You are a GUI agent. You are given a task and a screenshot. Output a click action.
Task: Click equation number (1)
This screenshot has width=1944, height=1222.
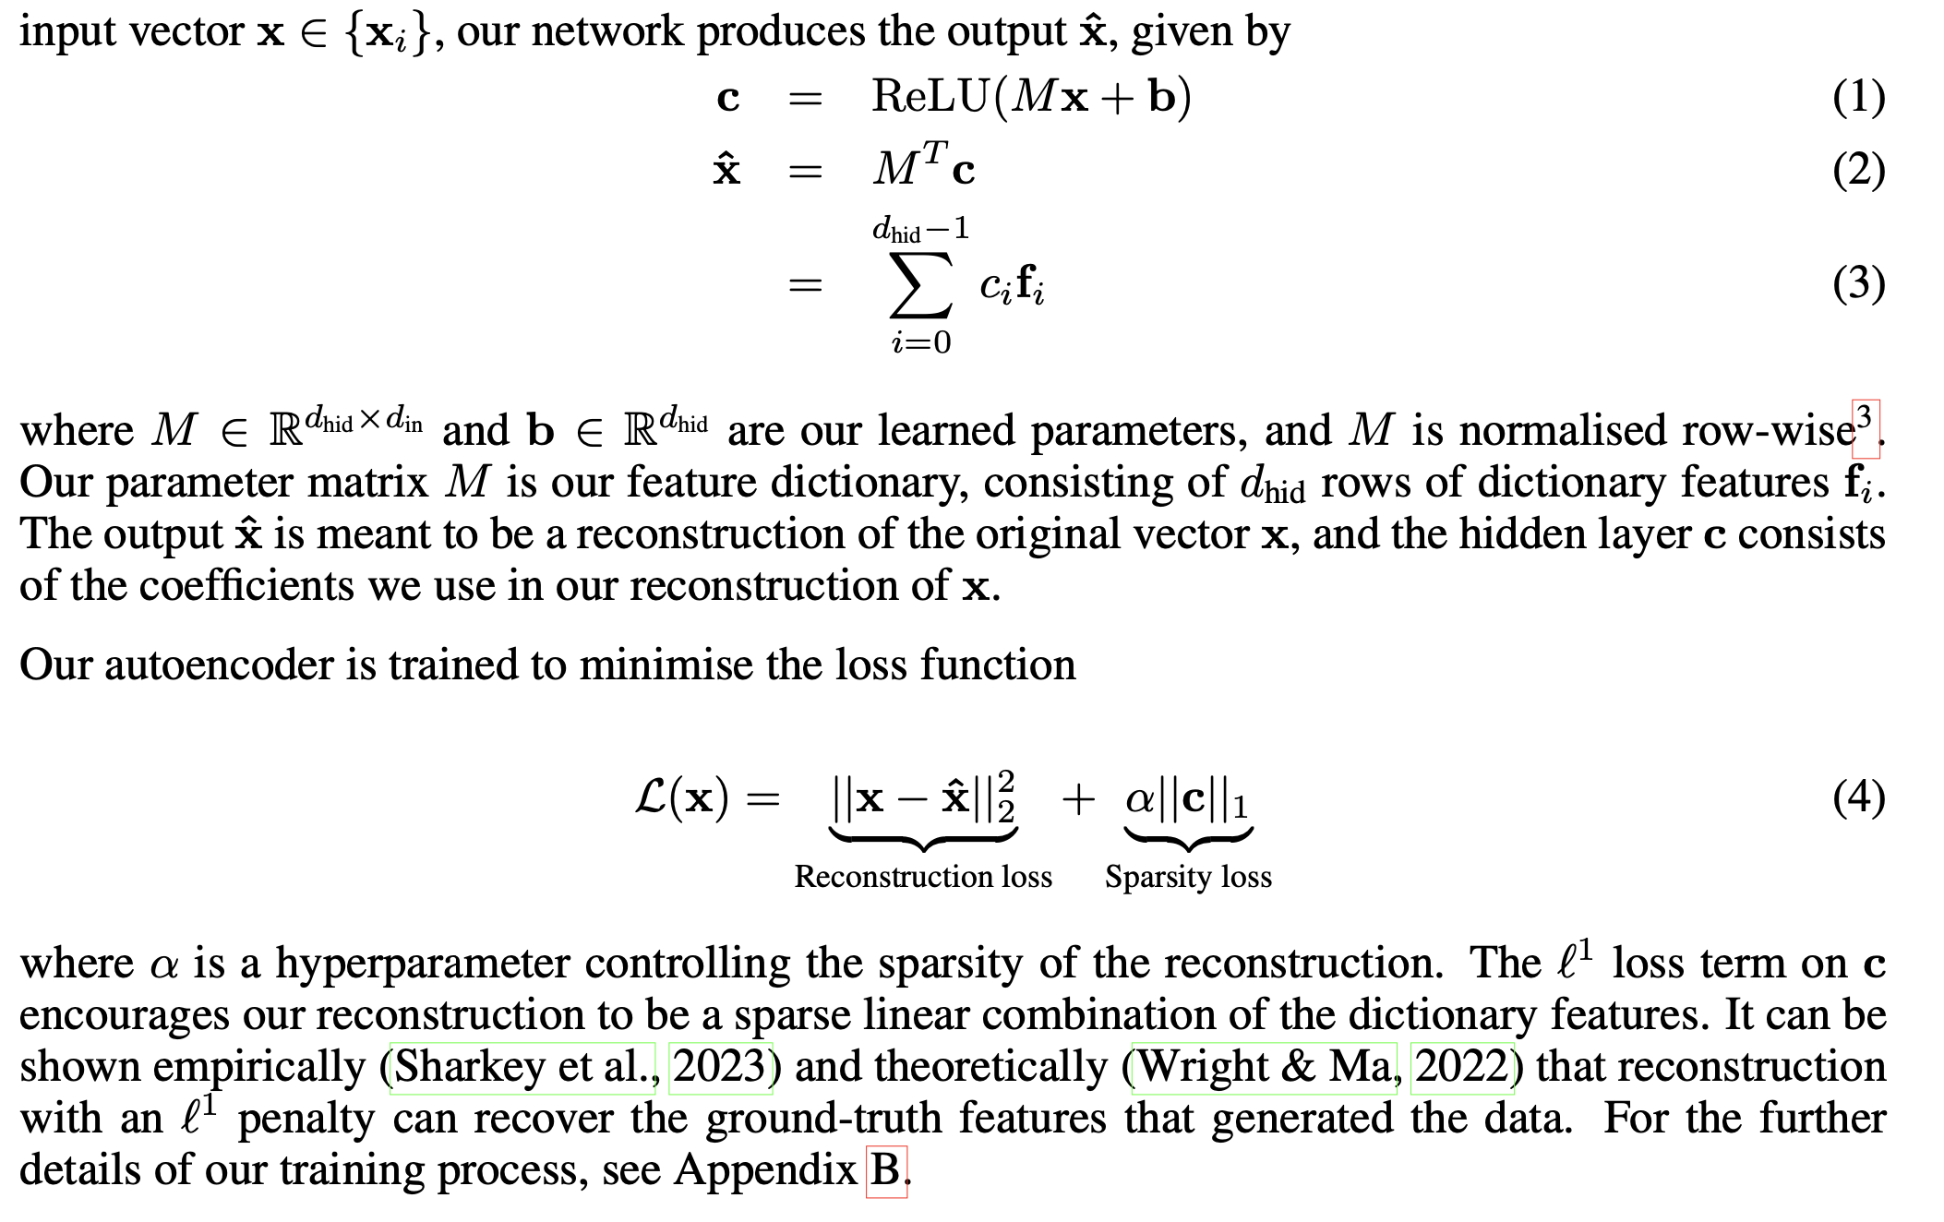click(1858, 97)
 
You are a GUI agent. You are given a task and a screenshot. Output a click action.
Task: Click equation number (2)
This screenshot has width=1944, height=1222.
click(1858, 170)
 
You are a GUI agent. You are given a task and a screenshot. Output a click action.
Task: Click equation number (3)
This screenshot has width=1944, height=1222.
click(1858, 283)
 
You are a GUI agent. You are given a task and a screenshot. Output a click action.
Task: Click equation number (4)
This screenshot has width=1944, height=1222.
click(1858, 797)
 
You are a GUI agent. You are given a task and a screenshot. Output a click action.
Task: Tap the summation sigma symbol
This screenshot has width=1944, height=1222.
click(920, 283)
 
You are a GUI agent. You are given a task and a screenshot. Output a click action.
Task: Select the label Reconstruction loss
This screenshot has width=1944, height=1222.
click(923, 876)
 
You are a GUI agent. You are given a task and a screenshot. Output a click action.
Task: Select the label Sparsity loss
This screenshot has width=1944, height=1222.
click(1188, 876)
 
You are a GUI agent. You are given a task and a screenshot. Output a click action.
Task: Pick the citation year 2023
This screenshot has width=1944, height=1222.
click(719, 1067)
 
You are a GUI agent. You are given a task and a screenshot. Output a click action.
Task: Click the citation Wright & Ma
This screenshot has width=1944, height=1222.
click(1264, 1067)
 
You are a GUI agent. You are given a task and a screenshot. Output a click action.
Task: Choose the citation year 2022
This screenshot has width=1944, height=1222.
click(1462, 1067)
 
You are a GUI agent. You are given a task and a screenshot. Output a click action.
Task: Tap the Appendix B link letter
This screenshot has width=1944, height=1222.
click(886, 1170)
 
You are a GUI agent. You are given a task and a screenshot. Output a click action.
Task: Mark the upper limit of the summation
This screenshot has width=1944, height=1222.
click(920, 228)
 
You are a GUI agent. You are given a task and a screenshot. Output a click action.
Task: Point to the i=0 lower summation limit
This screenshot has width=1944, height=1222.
click(920, 343)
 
